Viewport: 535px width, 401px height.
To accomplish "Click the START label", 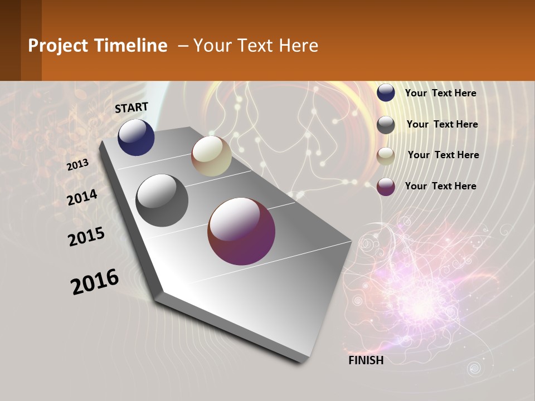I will tap(132, 107).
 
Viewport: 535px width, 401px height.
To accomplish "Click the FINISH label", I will tap(366, 360).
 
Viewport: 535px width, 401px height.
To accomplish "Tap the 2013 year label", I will tap(77, 165).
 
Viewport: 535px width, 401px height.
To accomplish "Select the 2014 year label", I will tap(82, 198).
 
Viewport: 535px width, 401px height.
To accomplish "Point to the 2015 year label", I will tap(86, 237).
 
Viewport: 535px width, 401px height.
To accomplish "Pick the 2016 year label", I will tap(95, 282).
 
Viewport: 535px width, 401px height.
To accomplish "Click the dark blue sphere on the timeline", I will tap(136, 137).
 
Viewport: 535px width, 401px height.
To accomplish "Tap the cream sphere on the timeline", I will tap(211, 156).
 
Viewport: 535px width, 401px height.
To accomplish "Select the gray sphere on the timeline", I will tap(162, 200).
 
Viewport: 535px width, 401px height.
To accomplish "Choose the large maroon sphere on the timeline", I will tap(241, 231).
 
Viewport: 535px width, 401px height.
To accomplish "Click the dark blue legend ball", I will tap(386, 93).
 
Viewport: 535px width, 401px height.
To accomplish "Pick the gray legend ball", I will tap(386, 125).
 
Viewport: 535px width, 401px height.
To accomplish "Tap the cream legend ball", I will tap(386, 156).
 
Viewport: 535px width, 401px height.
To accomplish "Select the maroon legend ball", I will tap(386, 187).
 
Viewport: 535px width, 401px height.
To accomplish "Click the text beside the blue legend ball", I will tap(440, 93).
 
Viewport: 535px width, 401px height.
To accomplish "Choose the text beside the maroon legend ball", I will tap(440, 186).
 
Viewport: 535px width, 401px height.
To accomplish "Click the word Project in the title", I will tap(57, 46).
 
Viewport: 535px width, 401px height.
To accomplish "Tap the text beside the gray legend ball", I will tap(442, 124).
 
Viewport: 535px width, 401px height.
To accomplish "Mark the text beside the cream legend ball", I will tap(443, 155).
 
